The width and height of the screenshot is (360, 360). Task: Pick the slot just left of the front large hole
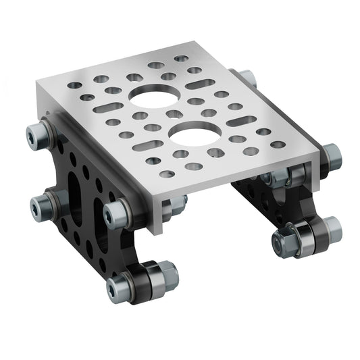[x=145, y=145]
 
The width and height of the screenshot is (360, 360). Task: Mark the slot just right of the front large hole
[x=241, y=122]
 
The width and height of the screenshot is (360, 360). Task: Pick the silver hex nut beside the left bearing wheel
[x=164, y=274]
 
